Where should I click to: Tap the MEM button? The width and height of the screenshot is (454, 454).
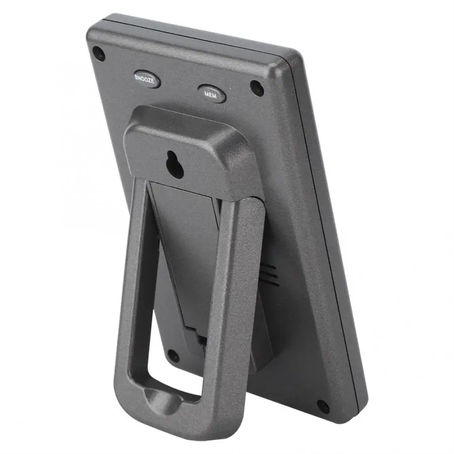tap(212, 93)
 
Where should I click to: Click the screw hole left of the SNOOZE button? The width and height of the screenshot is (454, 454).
tap(99, 53)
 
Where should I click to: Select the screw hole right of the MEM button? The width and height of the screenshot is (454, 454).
tap(257, 88)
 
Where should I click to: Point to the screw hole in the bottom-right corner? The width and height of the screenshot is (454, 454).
tap(323, 407)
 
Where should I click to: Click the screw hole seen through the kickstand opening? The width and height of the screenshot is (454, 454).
tap(173, 356)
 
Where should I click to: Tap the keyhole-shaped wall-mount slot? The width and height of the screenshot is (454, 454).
tap(175, 164)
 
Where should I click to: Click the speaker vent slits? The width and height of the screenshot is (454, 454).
tap(269, 275)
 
